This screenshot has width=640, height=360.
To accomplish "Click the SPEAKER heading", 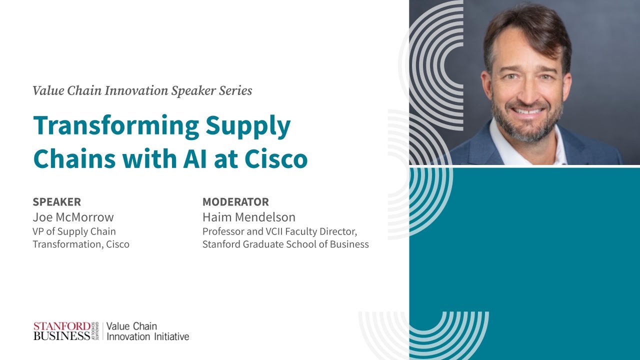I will pyautogui.click(x=56, y=202).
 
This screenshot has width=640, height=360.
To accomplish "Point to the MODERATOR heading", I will pyautogui.click(x=235, y=202).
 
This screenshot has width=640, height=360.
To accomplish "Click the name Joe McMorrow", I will pyautogui.click(x=73, y=217).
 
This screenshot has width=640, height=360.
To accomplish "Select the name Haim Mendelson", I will pyautogui.click(x=248, y=217).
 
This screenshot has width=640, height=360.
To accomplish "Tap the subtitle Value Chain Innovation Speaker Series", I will pyautogui.click(x=142, y=90).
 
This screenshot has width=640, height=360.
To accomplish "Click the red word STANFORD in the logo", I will pyautogui.click(x=62, y=326).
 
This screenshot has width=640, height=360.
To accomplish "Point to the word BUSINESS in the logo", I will pyautogui.click(x=62, y=336).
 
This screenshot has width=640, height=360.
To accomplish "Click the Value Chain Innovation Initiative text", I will pyautogui.click(x=147, y=331).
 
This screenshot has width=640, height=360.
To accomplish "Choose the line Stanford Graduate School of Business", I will pyautogui.click(x=285, y=244).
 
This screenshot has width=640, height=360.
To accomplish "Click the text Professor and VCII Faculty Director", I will pyautogui.click(x=279, y=231).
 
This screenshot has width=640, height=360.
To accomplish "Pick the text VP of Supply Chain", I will pyautogui.click(x=74, y=231).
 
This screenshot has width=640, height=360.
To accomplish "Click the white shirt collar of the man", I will pyautogui.click(x=500, y=140).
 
